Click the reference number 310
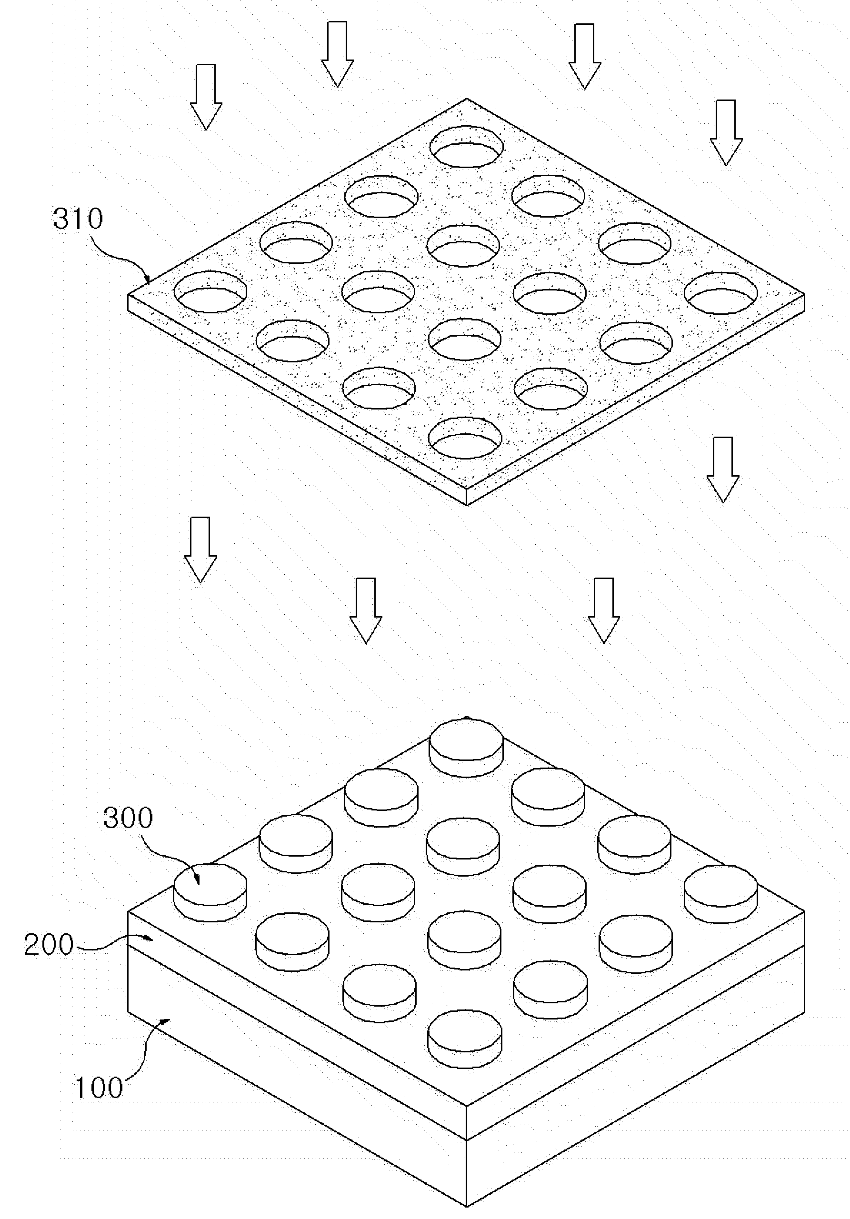tap(78, 219)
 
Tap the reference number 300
tap(128, 818)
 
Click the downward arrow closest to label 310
tap(206, 97)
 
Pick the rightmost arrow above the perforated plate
tap(726, 133)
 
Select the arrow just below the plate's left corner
tap(200, 550)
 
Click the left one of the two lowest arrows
tap(366, 610)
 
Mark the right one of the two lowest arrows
tap(604, 610)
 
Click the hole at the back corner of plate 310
tap(466, 146)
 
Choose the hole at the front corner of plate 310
tap(465, 438)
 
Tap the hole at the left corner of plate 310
tap(211, 291)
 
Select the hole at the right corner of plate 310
tap(721, 292)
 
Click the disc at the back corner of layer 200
tap(466, 747)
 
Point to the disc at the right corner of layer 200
tap(721, 893)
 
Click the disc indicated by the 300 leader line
tap(210, 892)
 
